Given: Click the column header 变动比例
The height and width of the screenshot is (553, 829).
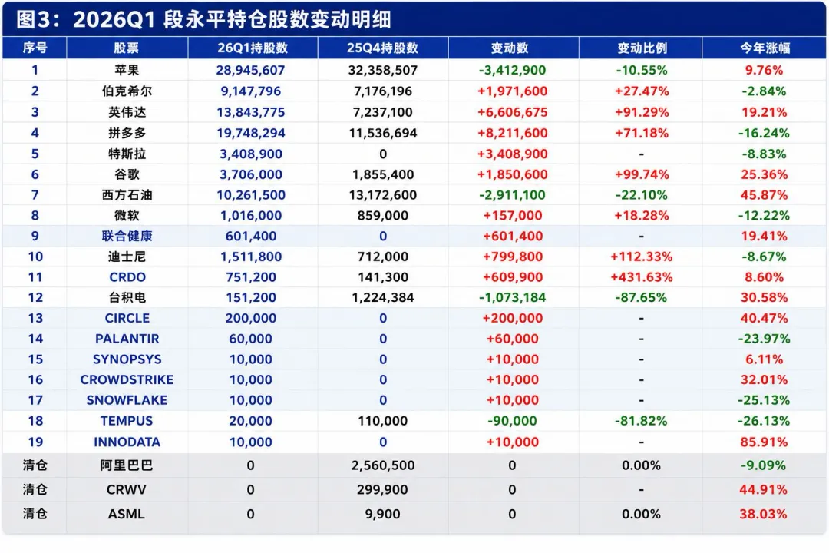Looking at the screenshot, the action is (642, 48).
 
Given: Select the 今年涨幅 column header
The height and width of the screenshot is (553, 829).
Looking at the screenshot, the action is (765, 48).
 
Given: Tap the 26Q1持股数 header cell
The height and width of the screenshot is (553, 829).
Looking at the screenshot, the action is (253, 48).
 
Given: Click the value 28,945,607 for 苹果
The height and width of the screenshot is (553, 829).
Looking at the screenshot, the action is (250, 70).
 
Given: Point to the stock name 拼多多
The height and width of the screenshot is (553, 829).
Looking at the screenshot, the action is (127, 133).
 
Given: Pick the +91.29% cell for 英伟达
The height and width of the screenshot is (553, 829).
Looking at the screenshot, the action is (641, 112).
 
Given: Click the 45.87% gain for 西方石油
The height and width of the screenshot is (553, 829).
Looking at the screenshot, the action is (764, 195).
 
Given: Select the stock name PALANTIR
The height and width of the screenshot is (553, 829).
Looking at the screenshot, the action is (127, 339).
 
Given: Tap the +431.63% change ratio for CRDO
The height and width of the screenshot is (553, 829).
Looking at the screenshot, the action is (641, 276).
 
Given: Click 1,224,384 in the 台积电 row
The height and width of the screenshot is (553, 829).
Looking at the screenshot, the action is (383, 297).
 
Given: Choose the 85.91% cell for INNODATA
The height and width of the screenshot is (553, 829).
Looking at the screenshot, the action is (764, 442).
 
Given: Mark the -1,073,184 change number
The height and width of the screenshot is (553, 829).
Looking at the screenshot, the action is (512, 297).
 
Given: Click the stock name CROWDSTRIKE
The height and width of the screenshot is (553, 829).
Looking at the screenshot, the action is (127, 379).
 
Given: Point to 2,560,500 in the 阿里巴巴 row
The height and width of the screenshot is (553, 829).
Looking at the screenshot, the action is (383, 465).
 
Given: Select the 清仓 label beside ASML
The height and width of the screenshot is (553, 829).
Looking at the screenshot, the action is (35, 513).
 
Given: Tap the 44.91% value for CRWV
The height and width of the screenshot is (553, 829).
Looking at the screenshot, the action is (763, 489).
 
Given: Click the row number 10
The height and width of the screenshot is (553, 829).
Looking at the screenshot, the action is (35, 257).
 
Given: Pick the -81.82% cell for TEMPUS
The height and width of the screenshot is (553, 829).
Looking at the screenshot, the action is (641, 421).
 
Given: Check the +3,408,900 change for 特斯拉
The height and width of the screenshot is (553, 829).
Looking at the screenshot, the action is (512, 154).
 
